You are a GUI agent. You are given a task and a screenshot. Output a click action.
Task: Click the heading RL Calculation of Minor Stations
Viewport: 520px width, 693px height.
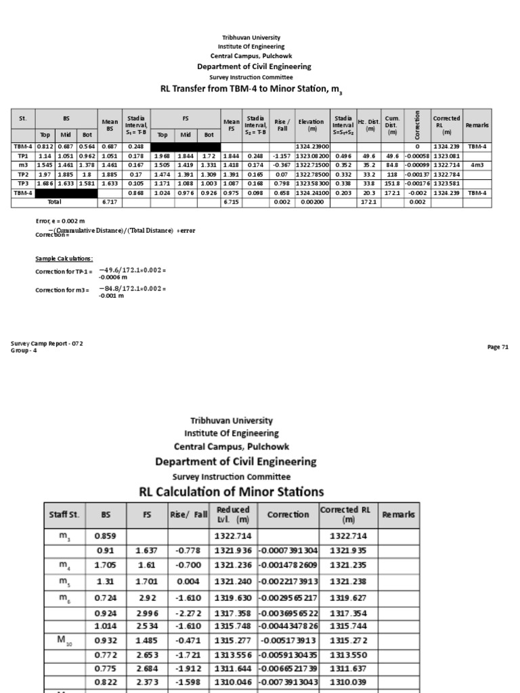pos(231,491)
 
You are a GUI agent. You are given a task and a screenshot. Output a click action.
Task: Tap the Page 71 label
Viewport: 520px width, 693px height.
pos(498,346)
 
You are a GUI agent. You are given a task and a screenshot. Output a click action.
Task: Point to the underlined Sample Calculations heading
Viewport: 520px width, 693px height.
pos(64,259)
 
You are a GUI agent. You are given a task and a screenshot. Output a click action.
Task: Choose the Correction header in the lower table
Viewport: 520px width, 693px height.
pos(288,514)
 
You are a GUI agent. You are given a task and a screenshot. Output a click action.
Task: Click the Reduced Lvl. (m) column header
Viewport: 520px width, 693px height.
pos(232,514)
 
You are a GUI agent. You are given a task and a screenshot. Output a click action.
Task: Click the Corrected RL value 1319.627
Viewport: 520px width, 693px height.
pos(348,598)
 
